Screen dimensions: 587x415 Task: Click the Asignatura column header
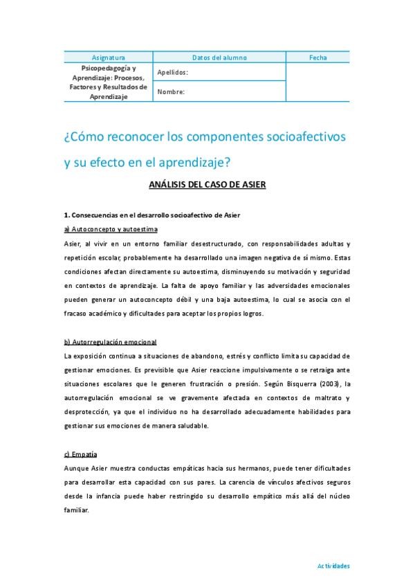pos(109,57)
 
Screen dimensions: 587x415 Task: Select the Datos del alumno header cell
pos(219,57)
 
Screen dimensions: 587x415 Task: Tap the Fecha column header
pos(318,57)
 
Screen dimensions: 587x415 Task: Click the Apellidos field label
pos(172,72)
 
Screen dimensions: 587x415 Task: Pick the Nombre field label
pos(170,91)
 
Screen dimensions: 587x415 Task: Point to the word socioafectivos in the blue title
pos(305,136)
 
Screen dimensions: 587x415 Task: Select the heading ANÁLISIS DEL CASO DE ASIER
pos(207,185)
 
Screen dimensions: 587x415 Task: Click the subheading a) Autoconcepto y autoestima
pos(111,228)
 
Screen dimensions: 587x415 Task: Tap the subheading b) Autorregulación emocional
pos(110,342)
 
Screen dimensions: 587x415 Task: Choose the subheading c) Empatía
pos(80,454)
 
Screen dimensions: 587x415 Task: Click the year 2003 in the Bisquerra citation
pos(332,383)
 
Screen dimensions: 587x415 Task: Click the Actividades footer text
pos(333,566)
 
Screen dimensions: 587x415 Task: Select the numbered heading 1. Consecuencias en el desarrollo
pos(151,215)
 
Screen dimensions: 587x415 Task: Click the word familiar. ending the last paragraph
pos(77,509)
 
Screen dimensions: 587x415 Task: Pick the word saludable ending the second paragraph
pos(188,425)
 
